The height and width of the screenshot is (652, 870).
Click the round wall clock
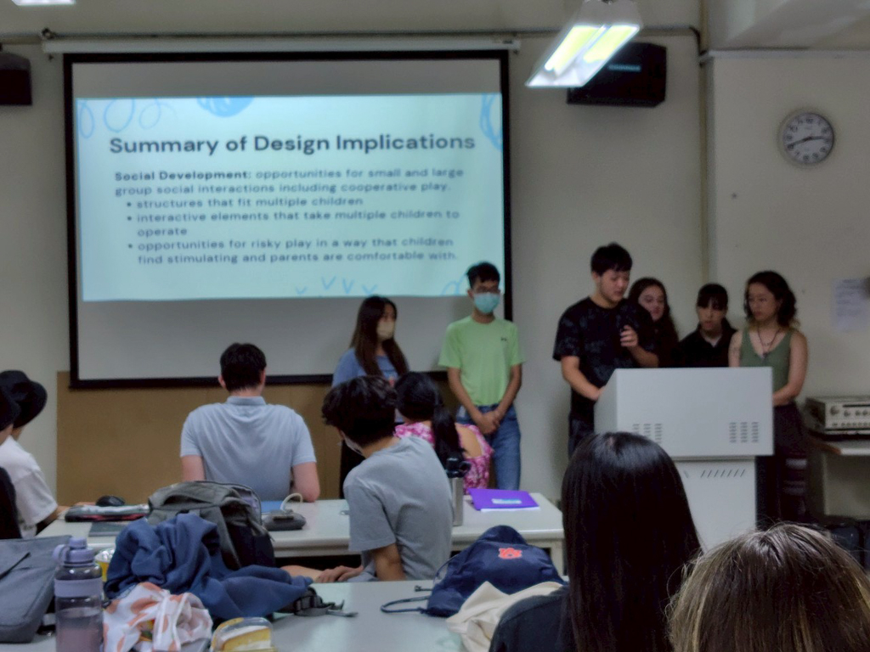807,138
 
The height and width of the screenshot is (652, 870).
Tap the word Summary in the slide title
164,144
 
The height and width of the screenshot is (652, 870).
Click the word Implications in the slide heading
405,142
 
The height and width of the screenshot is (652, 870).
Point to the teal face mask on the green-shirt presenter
487,303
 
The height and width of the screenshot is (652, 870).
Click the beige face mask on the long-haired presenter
386,329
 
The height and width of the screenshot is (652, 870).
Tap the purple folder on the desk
503,499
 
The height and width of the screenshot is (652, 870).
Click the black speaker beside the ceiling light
617,75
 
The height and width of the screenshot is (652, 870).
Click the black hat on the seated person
22,396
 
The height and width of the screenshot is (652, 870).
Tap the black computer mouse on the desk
110,501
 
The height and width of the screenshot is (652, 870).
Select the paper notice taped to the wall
849,305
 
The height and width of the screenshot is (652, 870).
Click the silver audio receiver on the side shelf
838,414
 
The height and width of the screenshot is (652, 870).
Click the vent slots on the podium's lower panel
723,474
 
